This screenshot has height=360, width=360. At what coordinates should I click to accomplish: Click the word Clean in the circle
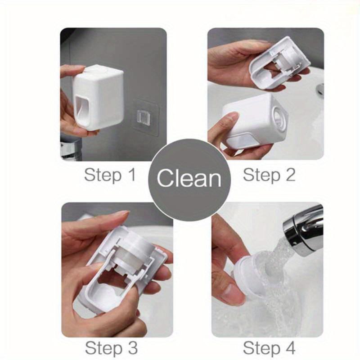coord(189,178)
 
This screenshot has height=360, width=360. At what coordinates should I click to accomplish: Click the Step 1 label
coord(109,175)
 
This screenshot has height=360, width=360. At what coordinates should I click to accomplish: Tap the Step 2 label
coord(269,175)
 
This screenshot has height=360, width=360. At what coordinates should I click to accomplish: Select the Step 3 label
coord(111,348)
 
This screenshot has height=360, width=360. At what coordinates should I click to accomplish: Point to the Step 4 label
coord(269,348)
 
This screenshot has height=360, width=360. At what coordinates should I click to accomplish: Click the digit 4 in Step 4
coord(289,348)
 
